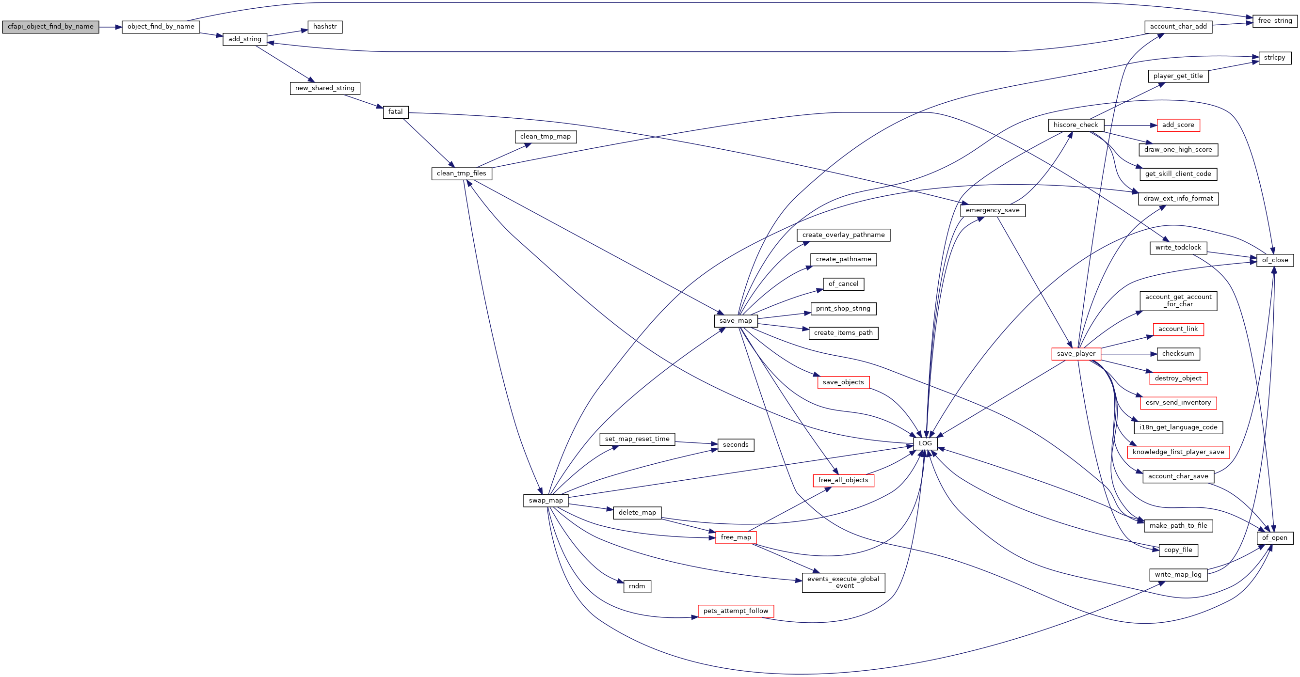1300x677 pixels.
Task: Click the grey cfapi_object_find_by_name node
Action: (x=50, y=27)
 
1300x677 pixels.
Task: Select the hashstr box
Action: (x=325, y=27)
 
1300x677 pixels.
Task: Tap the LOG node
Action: (x=925, y=444)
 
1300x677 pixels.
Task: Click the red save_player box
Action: (x=1076, y=354)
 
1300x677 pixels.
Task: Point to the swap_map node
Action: (x=546, y=501)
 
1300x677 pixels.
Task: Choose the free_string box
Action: (x=1275, y=21)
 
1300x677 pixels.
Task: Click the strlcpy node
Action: (x=1275, y=58)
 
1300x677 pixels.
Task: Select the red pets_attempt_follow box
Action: (x=735, y=612)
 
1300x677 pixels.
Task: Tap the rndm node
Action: (x=637, y=587)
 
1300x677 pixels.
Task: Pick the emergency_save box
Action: (x=993, y=210)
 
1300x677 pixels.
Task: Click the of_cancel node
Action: (x=843, y=284)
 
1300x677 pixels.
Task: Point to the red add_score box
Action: (x=1178, y=125)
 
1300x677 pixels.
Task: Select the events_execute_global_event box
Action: (x=843, y=583)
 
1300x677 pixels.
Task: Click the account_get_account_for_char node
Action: (x=1178, y=301)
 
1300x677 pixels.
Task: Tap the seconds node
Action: (x=735, y=445)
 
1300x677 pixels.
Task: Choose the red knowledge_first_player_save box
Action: (x=1178, y=452)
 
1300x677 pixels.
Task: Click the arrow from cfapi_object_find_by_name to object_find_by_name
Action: (x=111, y=27)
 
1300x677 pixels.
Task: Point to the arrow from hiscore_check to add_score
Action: (x=1130, y=125)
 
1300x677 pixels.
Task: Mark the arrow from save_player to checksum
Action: (x=1129, y=354)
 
